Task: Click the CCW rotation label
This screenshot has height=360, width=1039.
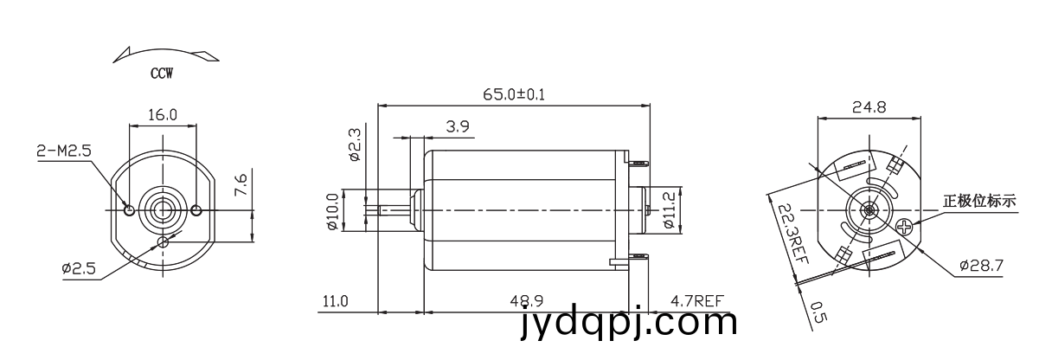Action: [x=162, y=74]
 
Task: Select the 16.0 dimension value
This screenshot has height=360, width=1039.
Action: [x=163, y=114]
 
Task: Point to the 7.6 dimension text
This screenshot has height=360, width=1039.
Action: [x=242, y=184]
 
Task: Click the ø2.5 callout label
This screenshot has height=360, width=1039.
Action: [x=79, y=268]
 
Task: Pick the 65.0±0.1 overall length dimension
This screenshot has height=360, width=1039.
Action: [x=514, y=94]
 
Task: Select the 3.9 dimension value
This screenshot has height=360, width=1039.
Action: [x=458, y=126]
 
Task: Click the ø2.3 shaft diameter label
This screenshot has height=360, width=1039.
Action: [x=354, y=145]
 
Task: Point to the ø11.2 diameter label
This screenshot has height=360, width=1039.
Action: [x=669, y=210]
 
